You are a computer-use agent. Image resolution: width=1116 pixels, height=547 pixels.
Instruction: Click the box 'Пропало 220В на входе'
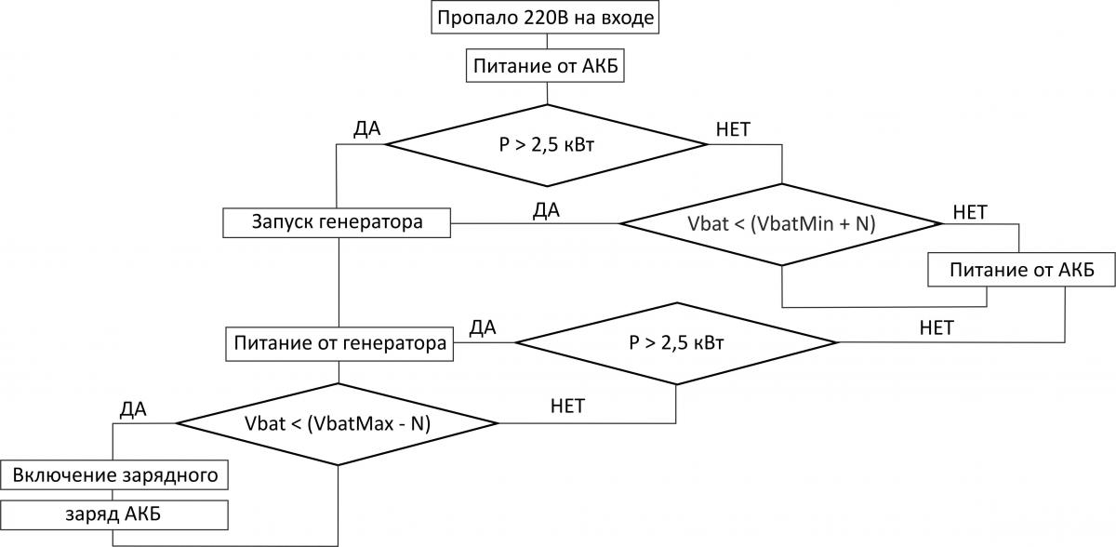click(x=547, y=18)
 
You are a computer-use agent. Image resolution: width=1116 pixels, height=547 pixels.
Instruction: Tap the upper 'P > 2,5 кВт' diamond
click(x=547, y=144)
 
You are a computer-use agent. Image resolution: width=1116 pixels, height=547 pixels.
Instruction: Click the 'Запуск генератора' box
click(x=338, y=223)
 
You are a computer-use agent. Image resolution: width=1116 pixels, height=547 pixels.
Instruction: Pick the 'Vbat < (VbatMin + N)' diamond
click(x=782, y=223)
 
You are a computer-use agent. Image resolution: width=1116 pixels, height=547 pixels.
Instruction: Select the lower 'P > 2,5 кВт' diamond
click(x=676, y=342)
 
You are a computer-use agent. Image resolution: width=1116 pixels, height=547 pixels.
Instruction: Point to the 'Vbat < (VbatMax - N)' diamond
click(x=338, y=423)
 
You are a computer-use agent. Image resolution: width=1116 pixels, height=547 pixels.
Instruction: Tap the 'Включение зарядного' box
click(x=114, y=475)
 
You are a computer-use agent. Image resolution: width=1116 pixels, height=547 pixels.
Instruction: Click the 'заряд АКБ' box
click(x=114, y=514)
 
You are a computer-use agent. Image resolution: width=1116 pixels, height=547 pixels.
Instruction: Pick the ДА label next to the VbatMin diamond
click(x=546, y=210)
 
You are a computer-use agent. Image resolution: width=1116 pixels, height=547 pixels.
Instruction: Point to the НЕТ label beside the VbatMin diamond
click(x=970, y=211)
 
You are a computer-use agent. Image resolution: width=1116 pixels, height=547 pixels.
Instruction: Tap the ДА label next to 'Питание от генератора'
click(x=483, y=327)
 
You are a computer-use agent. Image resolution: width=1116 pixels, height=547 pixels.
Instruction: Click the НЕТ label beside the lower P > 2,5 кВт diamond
click(x=936, y=327)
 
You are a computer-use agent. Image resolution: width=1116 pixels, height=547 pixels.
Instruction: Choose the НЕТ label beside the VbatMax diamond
click(x=567, y=406)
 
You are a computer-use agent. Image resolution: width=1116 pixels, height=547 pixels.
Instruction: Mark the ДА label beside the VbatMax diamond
click(x=134, y=407)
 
